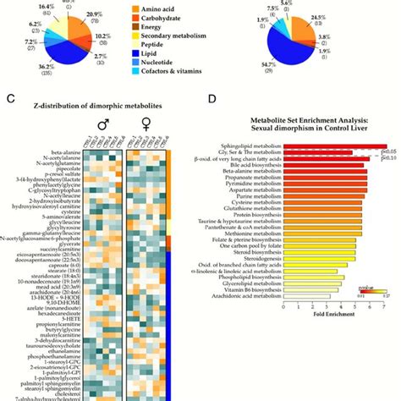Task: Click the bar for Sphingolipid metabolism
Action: point(334,146)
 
